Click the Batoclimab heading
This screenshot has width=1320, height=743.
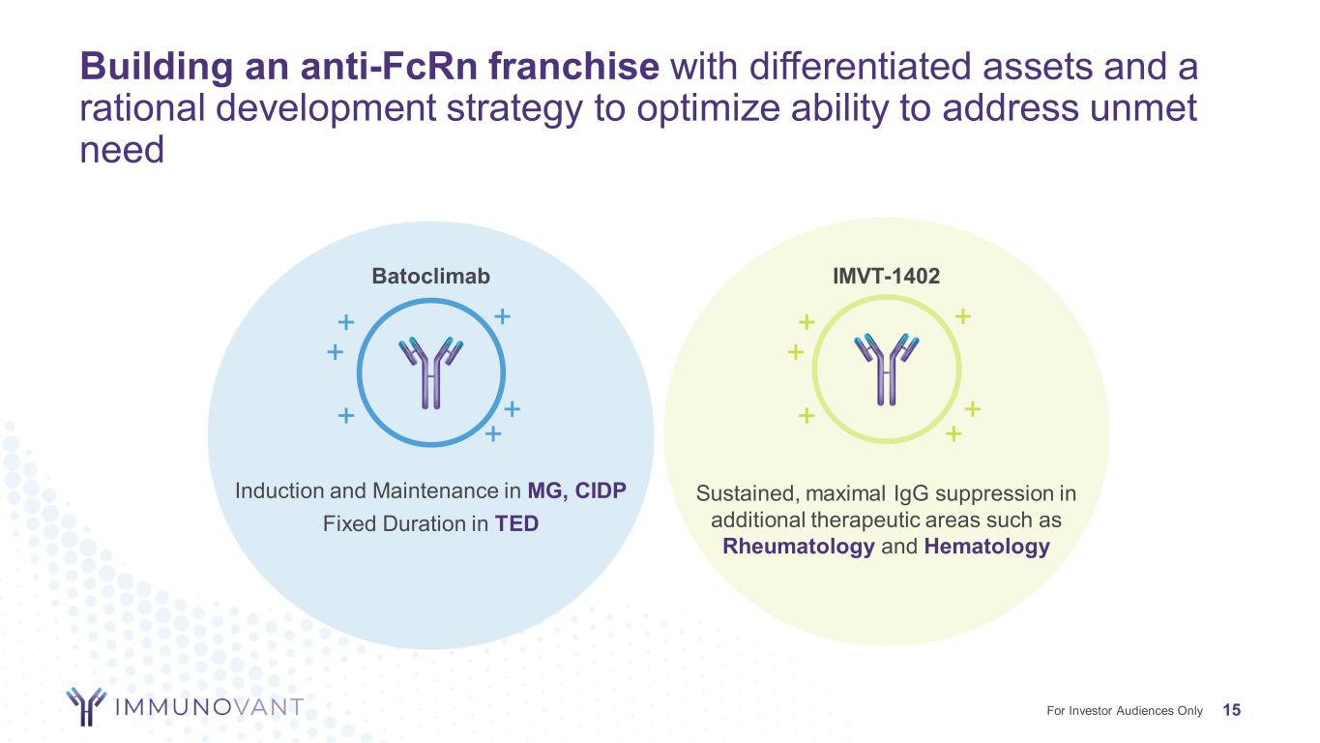pos(430,276)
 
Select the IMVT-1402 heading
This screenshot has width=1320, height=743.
pos(886,276)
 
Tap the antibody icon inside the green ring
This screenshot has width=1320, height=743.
pos(886,370)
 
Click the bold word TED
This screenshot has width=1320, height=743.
pos(516,523)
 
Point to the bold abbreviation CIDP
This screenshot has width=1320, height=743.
pos(601,490)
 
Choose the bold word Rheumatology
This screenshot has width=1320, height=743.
pos(799,547)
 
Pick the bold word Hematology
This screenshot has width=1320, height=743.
pos(987,547)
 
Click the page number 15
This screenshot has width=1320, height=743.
pos(1232,710)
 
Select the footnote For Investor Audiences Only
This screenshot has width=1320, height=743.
pos(1125,710)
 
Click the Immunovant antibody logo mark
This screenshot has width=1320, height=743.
pos(87,706)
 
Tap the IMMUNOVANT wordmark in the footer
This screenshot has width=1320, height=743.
pos(209,706)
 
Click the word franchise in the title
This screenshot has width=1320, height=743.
pos(574,66)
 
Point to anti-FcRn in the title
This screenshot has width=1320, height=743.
pos(390,66)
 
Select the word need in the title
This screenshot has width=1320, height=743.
pos(122,150)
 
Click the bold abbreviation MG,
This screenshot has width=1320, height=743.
pos(548,490)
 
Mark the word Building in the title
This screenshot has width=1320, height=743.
pos(157,66)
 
